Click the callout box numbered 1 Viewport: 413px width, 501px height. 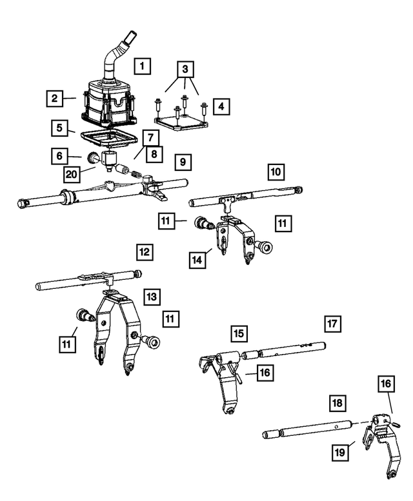143,65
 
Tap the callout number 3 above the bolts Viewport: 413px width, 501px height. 185,69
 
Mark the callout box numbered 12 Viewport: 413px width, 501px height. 145,251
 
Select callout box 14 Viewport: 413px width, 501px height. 197,260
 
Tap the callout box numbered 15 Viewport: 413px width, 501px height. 239,333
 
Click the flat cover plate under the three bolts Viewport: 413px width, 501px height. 181,121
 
